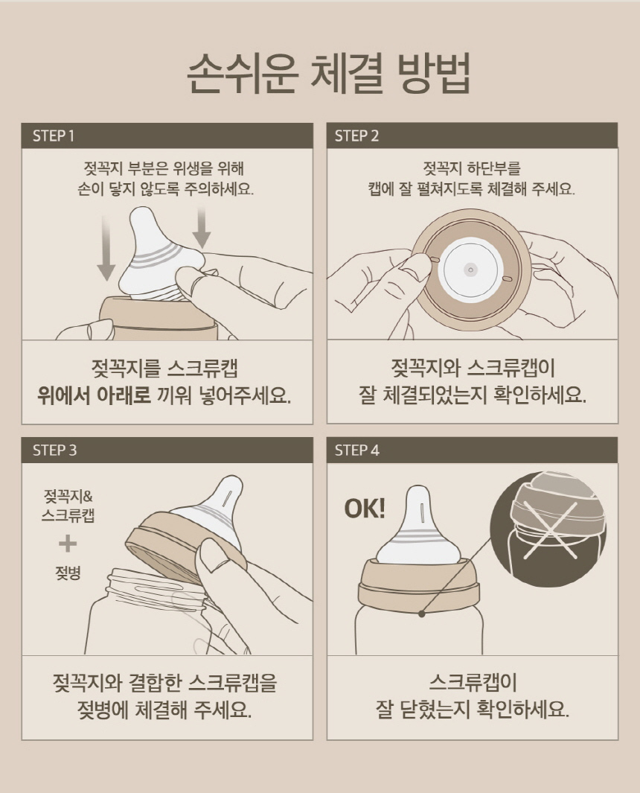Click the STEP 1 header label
53,136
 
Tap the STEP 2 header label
356,136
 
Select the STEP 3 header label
54,450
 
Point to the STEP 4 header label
357,450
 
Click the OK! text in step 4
365,509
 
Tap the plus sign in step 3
68,544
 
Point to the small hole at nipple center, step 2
470,270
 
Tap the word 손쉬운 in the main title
241,74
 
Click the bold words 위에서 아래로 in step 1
94,395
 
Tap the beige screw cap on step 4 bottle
418,583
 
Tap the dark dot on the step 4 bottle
421,614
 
